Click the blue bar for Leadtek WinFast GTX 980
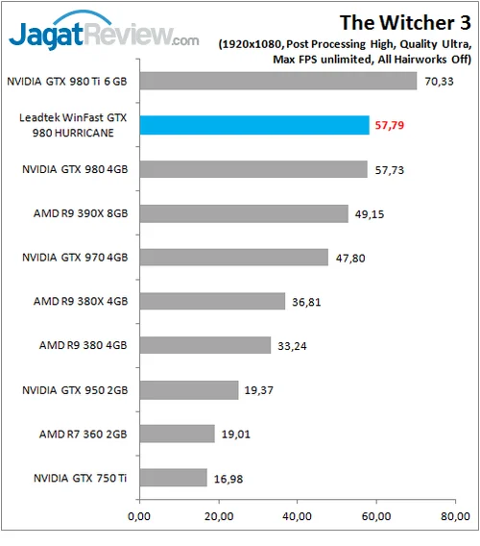click(254, 125)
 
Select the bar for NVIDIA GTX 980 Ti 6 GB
click(278, 81)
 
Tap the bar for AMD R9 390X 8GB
click(244, 213)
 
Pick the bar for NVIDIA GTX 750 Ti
click(173, 477)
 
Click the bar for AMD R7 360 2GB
click(177, 434)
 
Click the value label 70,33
click(441, 81)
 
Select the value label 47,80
click(351, 258)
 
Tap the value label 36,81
click(308, 302)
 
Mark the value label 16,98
click(229, 478)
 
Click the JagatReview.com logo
click(104, 37)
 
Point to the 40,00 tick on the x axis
click(297, 516)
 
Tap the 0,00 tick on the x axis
click(139, 516)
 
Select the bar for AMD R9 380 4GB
click(204, 345)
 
